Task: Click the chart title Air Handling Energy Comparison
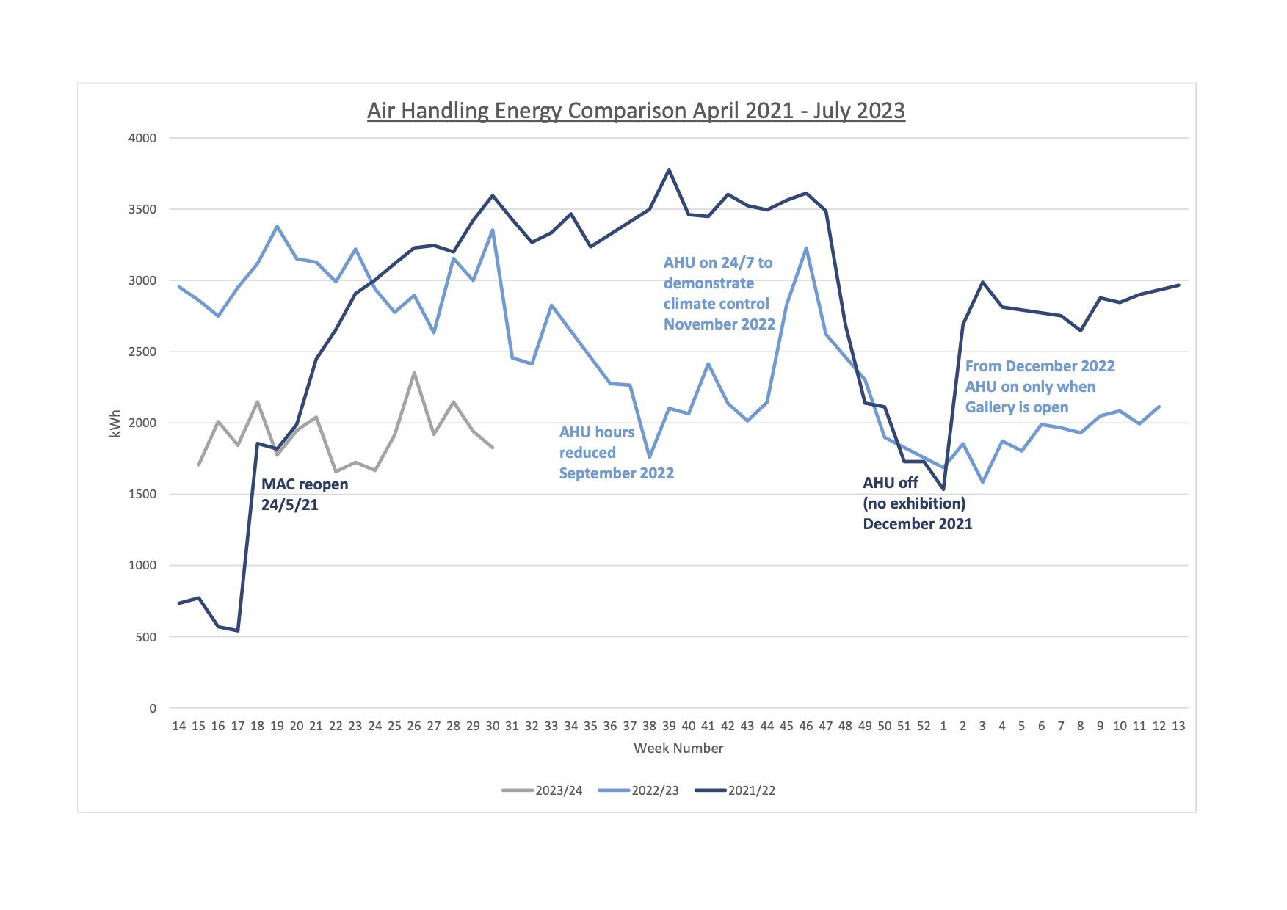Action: point(636,111)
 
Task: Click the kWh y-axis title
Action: point(115,424)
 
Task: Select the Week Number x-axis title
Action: point(678,749)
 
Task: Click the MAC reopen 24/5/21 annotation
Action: point(305,495)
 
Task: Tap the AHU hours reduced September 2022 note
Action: point(616,453)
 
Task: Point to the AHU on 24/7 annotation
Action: point(719,294)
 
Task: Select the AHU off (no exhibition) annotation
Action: point(917,503)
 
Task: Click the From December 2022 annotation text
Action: point(1039,387)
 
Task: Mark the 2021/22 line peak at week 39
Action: point(669,170)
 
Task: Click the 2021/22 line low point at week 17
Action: point(238,630)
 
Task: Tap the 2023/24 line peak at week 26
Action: point(414,373)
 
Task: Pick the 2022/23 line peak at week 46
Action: point(806,248)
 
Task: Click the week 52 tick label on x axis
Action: point(924,727)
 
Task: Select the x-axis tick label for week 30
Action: point(492,727)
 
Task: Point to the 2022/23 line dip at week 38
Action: point(649,456)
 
